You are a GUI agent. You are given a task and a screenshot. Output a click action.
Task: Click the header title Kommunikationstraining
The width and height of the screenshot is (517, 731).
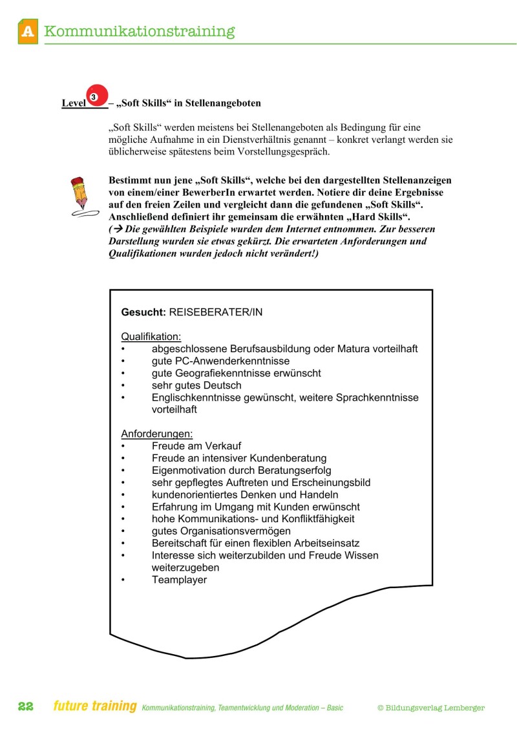[140, 31]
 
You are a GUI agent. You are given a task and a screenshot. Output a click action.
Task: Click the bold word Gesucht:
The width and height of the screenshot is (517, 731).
[143, 312]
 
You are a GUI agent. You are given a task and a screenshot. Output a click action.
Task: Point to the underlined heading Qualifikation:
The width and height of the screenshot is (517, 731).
[151, 336]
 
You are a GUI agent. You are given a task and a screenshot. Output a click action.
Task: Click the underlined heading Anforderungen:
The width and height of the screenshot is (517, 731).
[157, 434]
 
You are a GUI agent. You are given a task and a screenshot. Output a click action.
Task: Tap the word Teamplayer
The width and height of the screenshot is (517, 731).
[179, 580]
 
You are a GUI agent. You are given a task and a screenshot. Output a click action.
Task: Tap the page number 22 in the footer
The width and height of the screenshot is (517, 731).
[26, 707]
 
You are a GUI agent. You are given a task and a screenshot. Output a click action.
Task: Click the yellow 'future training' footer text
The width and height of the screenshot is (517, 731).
[95, 706]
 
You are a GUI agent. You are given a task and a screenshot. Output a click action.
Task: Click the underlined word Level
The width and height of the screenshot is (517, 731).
[74, 103]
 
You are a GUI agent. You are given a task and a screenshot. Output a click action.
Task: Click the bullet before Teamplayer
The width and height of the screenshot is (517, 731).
[123, 580]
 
